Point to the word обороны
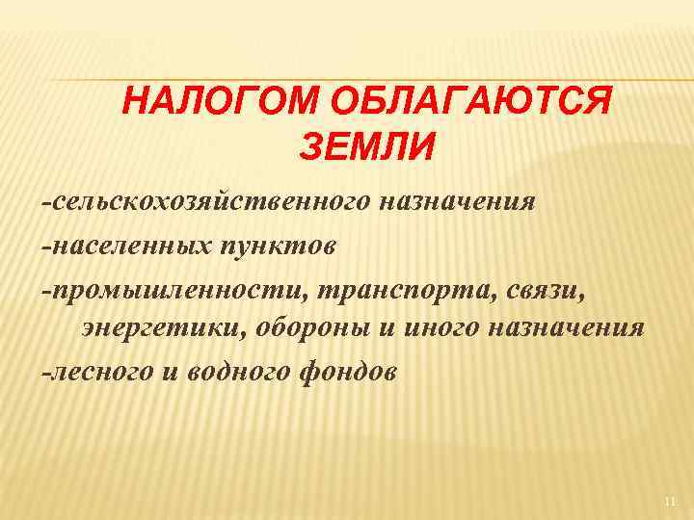[x=317, y=327]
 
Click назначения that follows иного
[x=572, y=327]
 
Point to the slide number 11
[x=671, y=502]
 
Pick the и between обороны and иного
[x=386, y=328]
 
